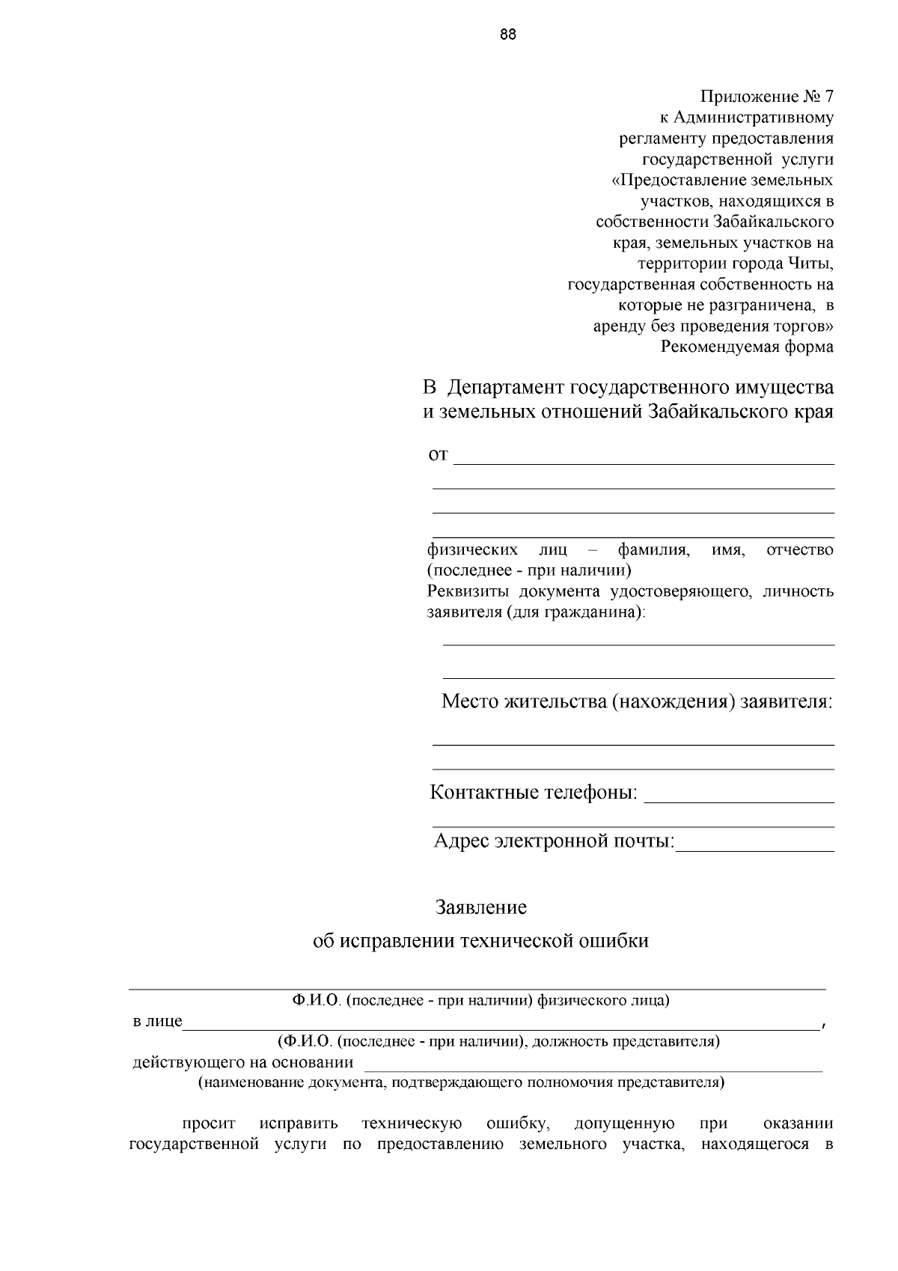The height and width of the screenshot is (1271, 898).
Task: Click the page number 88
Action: [x=507, y=34]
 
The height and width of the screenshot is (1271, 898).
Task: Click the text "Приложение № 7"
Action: [x=766, y=97]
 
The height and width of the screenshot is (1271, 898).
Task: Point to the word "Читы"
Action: [x=810, y=263]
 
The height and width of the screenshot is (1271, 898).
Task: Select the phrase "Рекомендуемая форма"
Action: [x=746, y=347]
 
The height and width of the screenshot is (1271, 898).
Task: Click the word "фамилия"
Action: [x=653, y=550]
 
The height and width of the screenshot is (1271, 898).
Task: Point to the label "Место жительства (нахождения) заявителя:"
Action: [x=637, y=701]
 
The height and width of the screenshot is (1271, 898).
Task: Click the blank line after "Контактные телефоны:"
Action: [x=739, y=799]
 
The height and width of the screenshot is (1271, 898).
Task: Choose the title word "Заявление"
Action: [x=481, y=908]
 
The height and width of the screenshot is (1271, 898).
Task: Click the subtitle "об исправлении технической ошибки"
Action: [x=480, y=941]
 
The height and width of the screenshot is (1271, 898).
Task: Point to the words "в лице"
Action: [x=157, y=1021]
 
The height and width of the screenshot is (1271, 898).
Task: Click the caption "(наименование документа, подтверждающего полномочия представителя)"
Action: [x=461, y=1082]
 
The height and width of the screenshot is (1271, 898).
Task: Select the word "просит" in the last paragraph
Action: [x=209, y=1124]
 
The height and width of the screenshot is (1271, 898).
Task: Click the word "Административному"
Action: [x=754, y=118]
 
